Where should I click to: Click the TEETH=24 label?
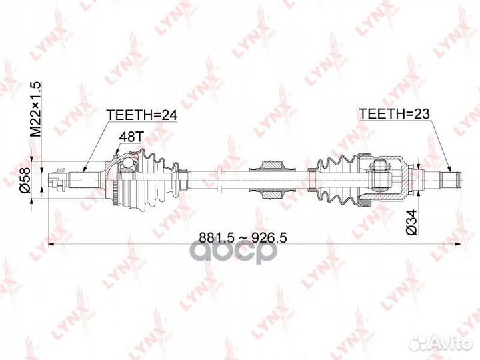point(142,115)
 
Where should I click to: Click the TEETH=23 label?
point(394,114)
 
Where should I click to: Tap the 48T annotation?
point(131,137)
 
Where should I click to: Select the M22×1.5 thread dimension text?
point(35,109)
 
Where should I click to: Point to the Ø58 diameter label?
point(25,180)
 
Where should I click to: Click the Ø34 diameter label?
point(411,222)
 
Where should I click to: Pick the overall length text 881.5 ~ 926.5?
point(243,237)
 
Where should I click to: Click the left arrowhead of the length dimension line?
point(51,244)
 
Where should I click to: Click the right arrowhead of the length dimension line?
point(458,244)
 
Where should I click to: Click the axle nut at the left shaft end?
point(59,180)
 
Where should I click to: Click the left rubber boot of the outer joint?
point(159,180)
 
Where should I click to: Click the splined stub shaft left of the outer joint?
point(84,180)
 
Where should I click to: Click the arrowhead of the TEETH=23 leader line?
point(450,169)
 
